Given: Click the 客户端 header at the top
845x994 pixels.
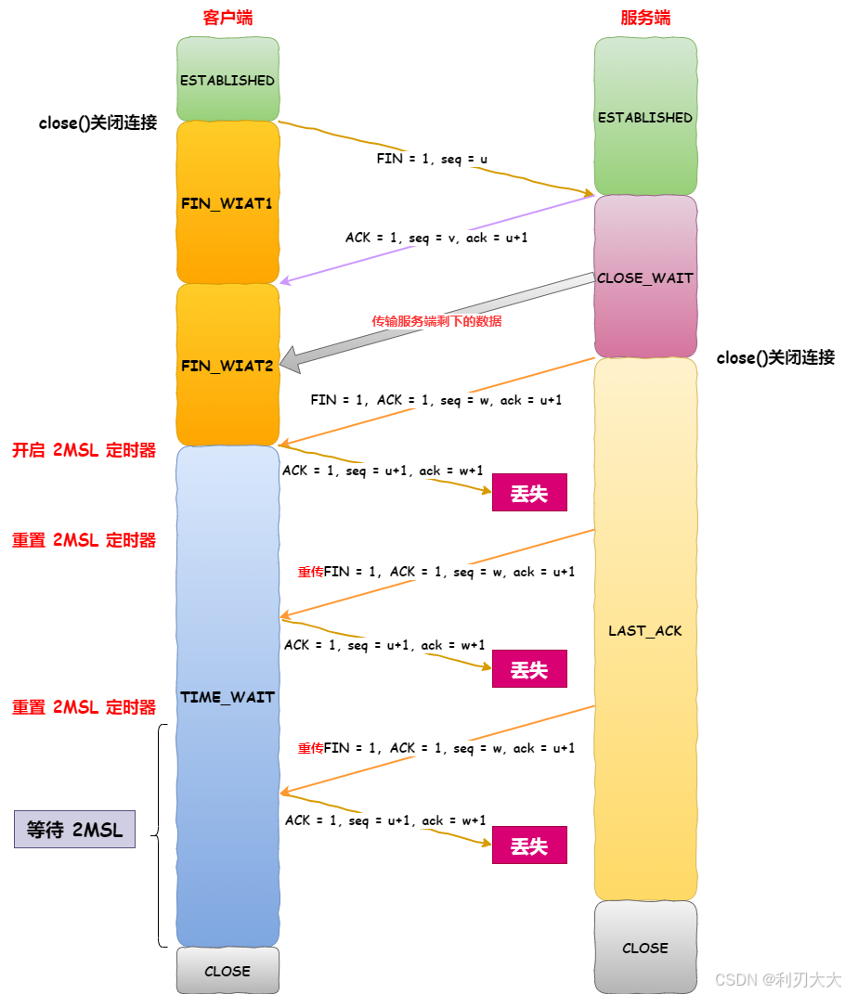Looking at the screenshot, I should pyautogui.click(x=227, y=18).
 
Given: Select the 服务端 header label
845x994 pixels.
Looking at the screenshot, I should pyautogui.click(x=645, y=18).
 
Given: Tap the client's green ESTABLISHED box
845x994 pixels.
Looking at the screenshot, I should pyautogui.click(x=227, y=80).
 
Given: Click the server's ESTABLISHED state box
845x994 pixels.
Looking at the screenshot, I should pyautogui.click(x=645, y=118).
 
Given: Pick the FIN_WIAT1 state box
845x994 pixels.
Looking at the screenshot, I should pyautogui.click(x=227, y=202).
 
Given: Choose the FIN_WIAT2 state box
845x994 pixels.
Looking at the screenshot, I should pyautogui.click(x=227, y=366).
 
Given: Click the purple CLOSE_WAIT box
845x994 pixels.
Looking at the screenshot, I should pyautogui.click(x=645, y=278).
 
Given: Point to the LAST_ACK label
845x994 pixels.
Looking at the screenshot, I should pyautogui.click(x=645, y=630).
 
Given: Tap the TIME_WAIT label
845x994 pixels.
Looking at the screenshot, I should pyautogui.click(x=227, y=697).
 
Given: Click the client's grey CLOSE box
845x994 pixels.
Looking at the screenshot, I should pyautogui.click(x=227, y=971).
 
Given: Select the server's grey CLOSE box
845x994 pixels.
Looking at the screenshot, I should pyautogui.click(x=645, y=948).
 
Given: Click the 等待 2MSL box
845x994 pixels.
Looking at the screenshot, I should pyautogui.click(x=74, y=829).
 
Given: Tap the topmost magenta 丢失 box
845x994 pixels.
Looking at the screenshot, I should pyautogui.click(x=529, y=494).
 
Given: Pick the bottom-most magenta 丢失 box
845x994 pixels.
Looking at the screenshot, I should pyautogui.click(x=529, y=846).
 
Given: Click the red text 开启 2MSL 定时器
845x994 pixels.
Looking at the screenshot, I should pyautogui.click(x=84, y=451).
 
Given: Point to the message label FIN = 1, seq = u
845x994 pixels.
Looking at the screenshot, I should pyautogui.click(x=432, y=159).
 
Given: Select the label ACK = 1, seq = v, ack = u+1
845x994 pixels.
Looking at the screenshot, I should pyautogui.click(x=437, y=238).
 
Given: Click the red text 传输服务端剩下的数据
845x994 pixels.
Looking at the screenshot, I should pyautogui.click(x=436, y=321).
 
